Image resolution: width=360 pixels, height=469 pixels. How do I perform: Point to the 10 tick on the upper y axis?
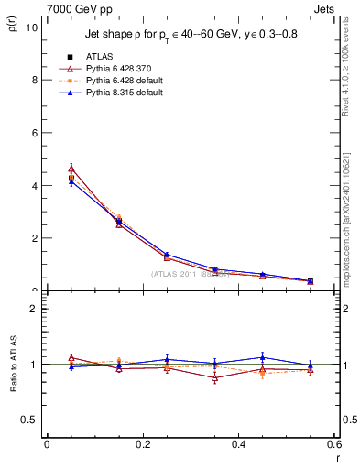point(31,27)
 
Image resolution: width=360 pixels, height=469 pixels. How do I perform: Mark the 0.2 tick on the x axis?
point(142,444)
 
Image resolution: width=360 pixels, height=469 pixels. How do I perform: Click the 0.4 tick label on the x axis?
point(238,444)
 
